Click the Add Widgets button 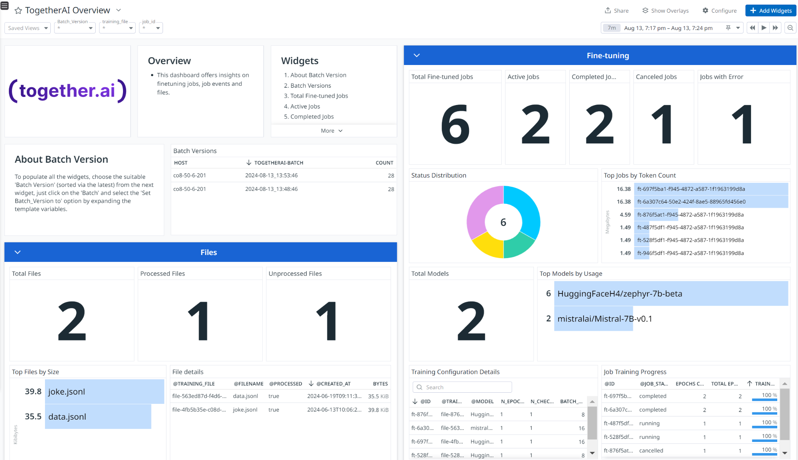tap(770, 11)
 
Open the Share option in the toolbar tap(617, 11)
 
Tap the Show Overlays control tap(665, 11)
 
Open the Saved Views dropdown tap(28, 28)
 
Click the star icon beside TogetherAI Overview tap(18, 11)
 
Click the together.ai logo tap(68, 91)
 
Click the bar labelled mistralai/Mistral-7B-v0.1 tap(594, 318)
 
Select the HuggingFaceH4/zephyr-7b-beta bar tap(671, 293)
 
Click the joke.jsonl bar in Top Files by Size tap(105, 392)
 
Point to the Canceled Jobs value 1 tap(663, 124)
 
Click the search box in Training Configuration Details tap(462, 387)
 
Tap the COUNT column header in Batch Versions tap(384, 163)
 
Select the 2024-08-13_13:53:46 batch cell tap(271, 175)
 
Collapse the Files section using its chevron tap(18, 252)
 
